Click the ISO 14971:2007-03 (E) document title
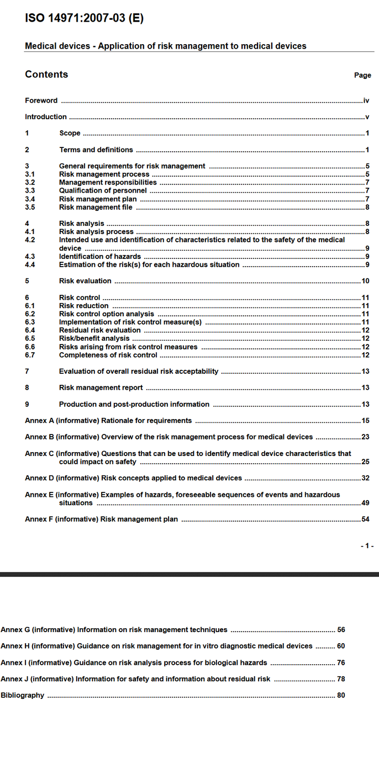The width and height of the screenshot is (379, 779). point(84,18)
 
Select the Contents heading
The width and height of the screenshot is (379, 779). point(46,75)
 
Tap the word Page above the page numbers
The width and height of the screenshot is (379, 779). point(362,76)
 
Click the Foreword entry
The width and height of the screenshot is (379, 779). point(41,100)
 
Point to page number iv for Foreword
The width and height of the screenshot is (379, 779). point(366,100)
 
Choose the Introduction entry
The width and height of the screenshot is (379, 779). point(46,117)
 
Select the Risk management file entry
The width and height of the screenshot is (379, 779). point(96,208)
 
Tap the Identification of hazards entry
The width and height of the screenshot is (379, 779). point(100,256)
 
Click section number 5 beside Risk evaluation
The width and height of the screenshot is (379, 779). point(27,281)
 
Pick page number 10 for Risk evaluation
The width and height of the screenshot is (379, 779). point(365,281)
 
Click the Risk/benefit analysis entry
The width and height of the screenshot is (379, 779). point(94,338)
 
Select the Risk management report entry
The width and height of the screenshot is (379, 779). point(101,388)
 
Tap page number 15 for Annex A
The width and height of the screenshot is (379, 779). point(365,421)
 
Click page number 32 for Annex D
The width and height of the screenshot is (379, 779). point(365,478)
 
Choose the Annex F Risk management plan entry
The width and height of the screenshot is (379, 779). point(101,519)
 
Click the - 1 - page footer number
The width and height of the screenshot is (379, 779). point(367,546)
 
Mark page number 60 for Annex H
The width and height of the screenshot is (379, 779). point(341,646)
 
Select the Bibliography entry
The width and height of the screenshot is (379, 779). point(22,696)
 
